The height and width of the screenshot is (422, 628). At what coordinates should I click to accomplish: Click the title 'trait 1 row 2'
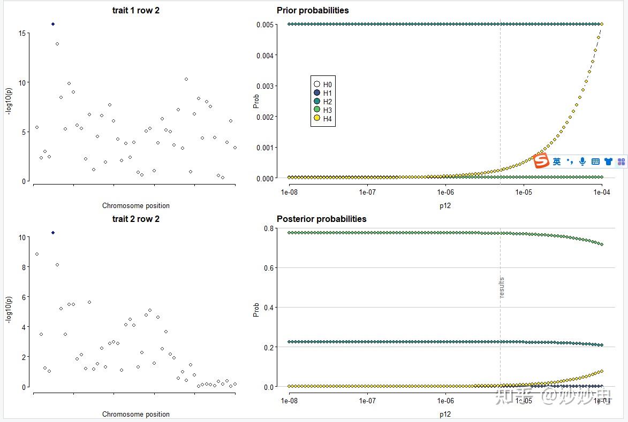(x=135, y=11)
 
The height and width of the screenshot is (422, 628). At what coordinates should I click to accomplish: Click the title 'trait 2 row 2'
(x=135, y=219)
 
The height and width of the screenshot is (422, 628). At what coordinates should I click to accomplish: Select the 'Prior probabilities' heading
(x=313, y=11)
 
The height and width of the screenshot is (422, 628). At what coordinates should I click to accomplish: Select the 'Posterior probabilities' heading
(x=321, y=219)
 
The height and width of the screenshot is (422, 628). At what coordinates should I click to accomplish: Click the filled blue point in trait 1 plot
(x=53, y=24)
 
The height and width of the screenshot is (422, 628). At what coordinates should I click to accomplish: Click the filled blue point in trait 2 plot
(x=53, y=233)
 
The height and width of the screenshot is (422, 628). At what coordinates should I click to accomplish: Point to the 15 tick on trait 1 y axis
(x=22, y=33)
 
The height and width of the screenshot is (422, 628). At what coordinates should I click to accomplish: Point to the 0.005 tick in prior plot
(x=265, y=25)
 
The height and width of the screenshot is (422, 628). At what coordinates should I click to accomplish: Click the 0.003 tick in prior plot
(x=265, y=86)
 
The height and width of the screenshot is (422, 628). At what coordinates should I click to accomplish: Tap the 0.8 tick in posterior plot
(x=269, y=228)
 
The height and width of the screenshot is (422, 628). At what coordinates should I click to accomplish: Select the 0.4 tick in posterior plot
(x=269, y=308)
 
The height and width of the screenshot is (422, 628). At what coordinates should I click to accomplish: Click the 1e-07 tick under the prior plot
(x=367, y=191)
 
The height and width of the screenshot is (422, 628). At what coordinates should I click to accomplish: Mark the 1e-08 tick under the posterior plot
(x=289, y=400)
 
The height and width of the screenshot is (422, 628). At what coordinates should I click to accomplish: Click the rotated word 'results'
(x=502, y=288)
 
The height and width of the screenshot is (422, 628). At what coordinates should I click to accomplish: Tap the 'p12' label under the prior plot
(x=445, y=205)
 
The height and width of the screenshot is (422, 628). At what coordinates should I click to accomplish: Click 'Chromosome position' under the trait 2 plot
(x=135, y=414)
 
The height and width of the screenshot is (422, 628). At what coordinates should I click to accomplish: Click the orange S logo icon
(x=541, y=160)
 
